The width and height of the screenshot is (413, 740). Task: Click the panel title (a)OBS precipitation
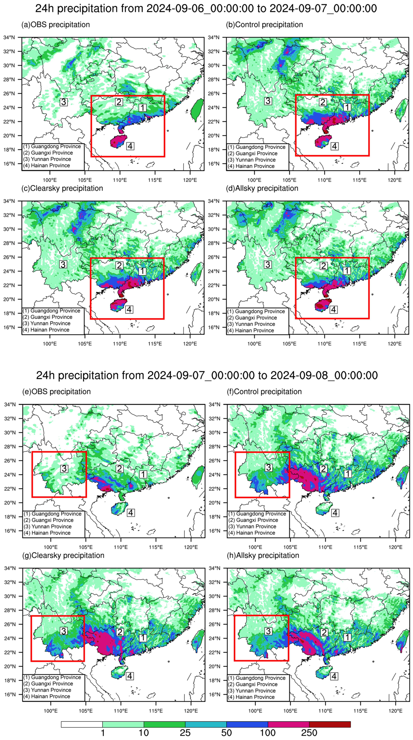pos(56,25)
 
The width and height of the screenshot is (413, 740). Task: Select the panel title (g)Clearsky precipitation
pos(63,555)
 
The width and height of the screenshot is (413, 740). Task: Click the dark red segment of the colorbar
pos(330,724)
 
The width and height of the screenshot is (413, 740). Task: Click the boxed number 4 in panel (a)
pos(130,146)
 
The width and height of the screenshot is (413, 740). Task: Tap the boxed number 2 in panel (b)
pos(323,102)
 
